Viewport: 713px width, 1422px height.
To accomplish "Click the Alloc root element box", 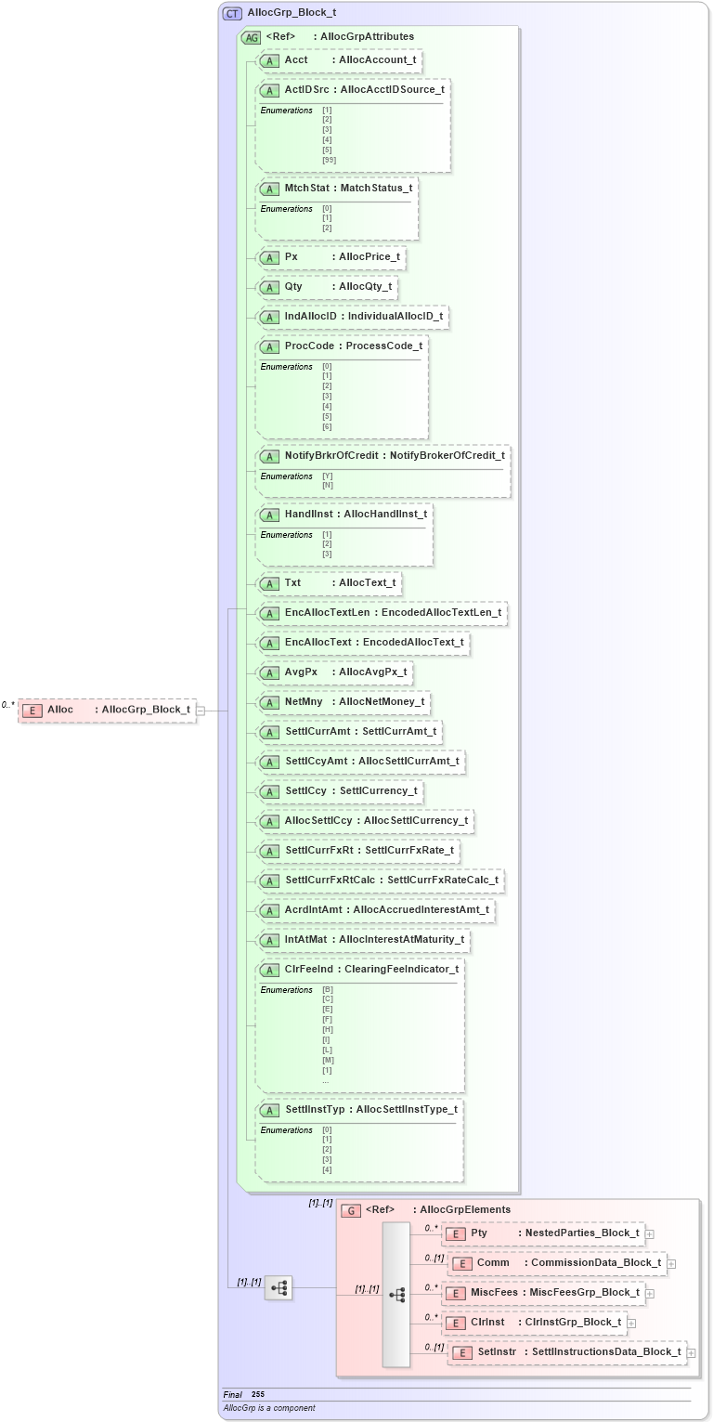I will tap(107, 710).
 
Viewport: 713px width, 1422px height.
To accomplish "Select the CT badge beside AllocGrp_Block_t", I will tap(232, 13).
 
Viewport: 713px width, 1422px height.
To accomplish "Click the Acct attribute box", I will tap(339, 60).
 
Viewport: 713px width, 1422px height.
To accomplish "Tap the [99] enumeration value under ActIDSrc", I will tap(329, 160).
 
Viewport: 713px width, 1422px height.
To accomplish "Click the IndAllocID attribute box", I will tap(353, 317).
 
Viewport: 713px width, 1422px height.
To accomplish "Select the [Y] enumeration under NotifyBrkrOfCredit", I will tap(327, 476).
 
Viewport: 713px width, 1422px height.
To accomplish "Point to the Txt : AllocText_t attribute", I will tap(329, 583).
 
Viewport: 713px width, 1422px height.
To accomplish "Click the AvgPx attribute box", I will tap(334, 672).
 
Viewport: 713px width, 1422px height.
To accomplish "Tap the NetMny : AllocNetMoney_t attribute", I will tap(344, 702).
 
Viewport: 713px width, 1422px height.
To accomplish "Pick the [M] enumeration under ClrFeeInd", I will tap(328, 1060).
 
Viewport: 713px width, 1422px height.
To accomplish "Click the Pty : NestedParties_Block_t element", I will tap(543, 1233).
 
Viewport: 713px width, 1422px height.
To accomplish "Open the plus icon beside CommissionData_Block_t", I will tap(671, 1263).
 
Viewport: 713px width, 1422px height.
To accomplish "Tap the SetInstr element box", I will tap(567, 1352).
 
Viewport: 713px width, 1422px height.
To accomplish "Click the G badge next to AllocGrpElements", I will tap(351, 1210).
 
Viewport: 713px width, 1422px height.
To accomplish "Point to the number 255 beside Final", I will tap(258, 1394).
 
